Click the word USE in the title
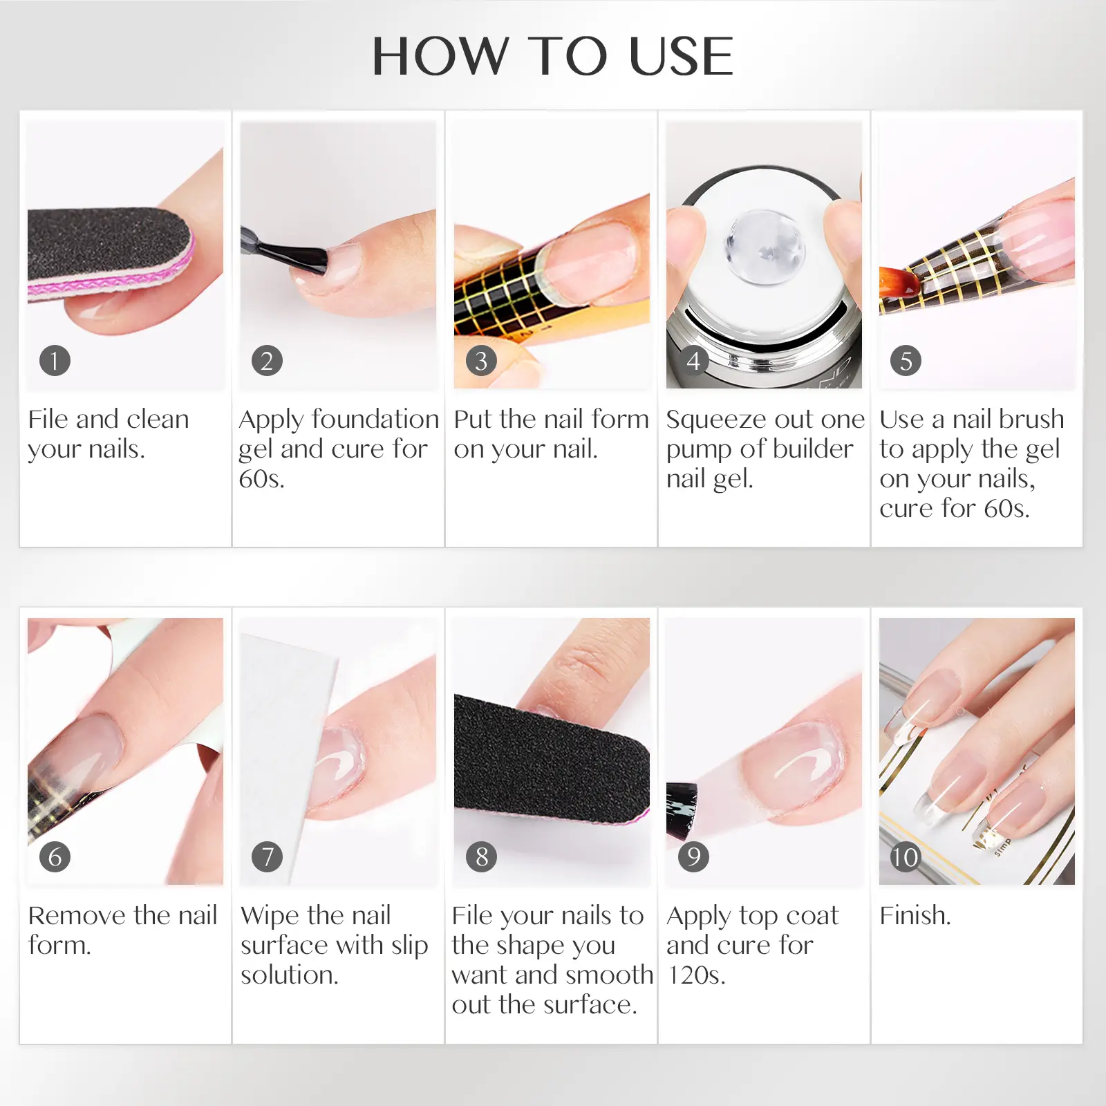click(x=682, y=56)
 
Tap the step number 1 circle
click(x=55, y=360)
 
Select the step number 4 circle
click(x=693, y=360)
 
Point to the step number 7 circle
click(x=268, y=856)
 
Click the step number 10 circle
click(x=906, y=856)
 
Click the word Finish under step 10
click(x=915, y=915)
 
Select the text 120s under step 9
click(x=696, y=975)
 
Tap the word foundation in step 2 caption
click(x=375, y=419)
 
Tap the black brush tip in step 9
click(x=682, y=809)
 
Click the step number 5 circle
click(x=906, y=360)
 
